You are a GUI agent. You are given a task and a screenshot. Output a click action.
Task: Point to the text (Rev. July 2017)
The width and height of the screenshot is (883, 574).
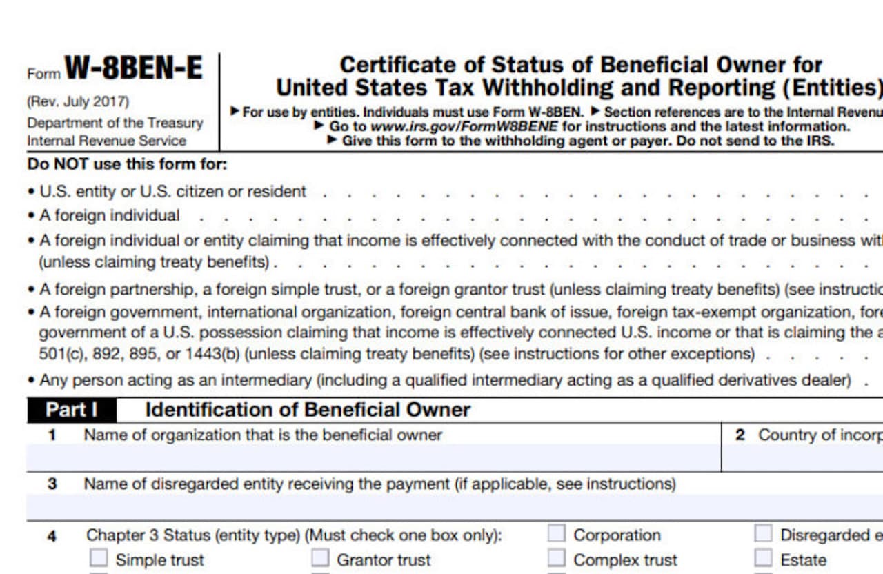pyautogui.click(x=78, y=101)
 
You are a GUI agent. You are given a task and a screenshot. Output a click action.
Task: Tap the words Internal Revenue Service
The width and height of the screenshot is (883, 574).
pyautogui.click(x=106, y=141)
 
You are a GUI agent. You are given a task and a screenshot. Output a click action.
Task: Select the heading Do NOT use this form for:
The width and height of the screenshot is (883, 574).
pyautogui.click(x=127, y=165)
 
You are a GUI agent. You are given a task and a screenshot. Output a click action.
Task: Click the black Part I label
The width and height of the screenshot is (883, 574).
pyautogui.click(x=72, y=410)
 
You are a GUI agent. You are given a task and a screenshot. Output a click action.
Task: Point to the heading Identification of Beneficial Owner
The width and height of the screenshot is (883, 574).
pyautogui.click(x=308, y=410)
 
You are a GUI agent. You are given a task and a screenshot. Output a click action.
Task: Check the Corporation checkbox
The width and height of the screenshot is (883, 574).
pyautogui.click(x=557, y=534)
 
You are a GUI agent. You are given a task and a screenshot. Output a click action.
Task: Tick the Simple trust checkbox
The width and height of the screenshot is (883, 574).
pyautogui.click(x=99, y=558)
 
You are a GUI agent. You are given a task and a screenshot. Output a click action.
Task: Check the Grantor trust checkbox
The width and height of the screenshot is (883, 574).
pyautogui.click(x=320, y=558)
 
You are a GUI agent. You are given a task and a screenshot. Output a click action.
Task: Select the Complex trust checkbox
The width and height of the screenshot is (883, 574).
pyautogui.click(x=557, y=558)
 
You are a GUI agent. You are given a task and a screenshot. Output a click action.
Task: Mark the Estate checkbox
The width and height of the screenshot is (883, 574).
pyautogui.click(x=763, y=558)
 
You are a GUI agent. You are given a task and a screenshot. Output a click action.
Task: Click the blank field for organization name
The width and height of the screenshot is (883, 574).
pyautogui.click(x=373, y=457)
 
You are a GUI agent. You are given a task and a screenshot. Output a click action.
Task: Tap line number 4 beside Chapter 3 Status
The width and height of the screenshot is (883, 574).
pyautogui.click(x=52, y=536)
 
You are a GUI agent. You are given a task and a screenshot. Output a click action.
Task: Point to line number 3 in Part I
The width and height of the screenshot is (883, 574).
pyautogui.click(x=52, y=484)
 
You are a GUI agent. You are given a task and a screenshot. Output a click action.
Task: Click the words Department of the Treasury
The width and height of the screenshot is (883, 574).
pyautogui.click(x=115, y=123)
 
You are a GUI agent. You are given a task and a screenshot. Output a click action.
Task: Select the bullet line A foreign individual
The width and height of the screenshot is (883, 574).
pyautogui.click(x=109, y=215)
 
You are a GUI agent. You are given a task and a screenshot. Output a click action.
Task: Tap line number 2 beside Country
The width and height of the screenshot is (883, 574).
pyautogui.click(x=740, y=435)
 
